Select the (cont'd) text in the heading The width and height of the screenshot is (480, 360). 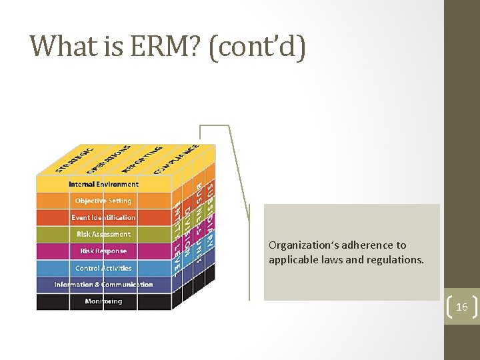click(x=257, y=47)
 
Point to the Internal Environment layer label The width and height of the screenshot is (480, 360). click(x=103, y=184)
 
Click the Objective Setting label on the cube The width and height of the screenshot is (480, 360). click(x=103, y=201)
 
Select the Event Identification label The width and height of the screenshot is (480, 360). click(x=103, y=217)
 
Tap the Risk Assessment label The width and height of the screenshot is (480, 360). click(x=103, y=234)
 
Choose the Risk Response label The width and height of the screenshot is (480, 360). click(x=103, y=251)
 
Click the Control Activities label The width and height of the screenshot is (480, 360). click(x=103, y=268)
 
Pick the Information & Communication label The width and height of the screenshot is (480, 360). click(x=103, y=285)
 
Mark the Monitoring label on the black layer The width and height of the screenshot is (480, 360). click(x=103, y=301)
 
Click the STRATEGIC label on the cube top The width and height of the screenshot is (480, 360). click(x=75, y=158)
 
